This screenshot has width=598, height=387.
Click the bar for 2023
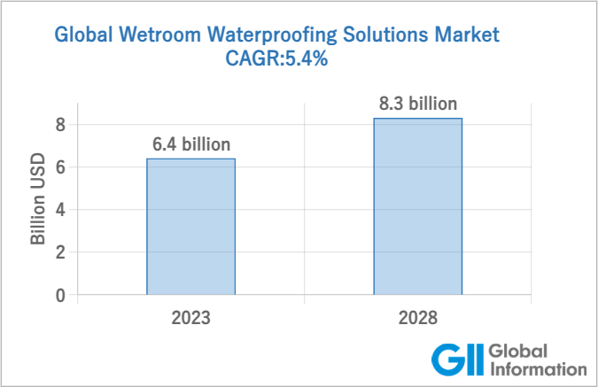(190, 226)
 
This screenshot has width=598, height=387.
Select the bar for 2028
(417, 205)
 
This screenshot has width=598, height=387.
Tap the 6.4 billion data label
(190, 144)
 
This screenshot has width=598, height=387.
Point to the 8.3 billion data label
(417, 104)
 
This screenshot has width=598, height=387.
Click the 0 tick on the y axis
(60, 295)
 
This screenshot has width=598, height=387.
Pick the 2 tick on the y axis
(60, 252)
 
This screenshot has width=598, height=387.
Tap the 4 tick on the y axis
(60, 210)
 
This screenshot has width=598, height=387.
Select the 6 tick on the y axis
(60, 167)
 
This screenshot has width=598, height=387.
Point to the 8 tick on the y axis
(60, 125)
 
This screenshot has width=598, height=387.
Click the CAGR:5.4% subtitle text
(277, 60)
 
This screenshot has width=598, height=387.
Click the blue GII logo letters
(456, 360)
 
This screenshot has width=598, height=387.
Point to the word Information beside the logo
(538, 368)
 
